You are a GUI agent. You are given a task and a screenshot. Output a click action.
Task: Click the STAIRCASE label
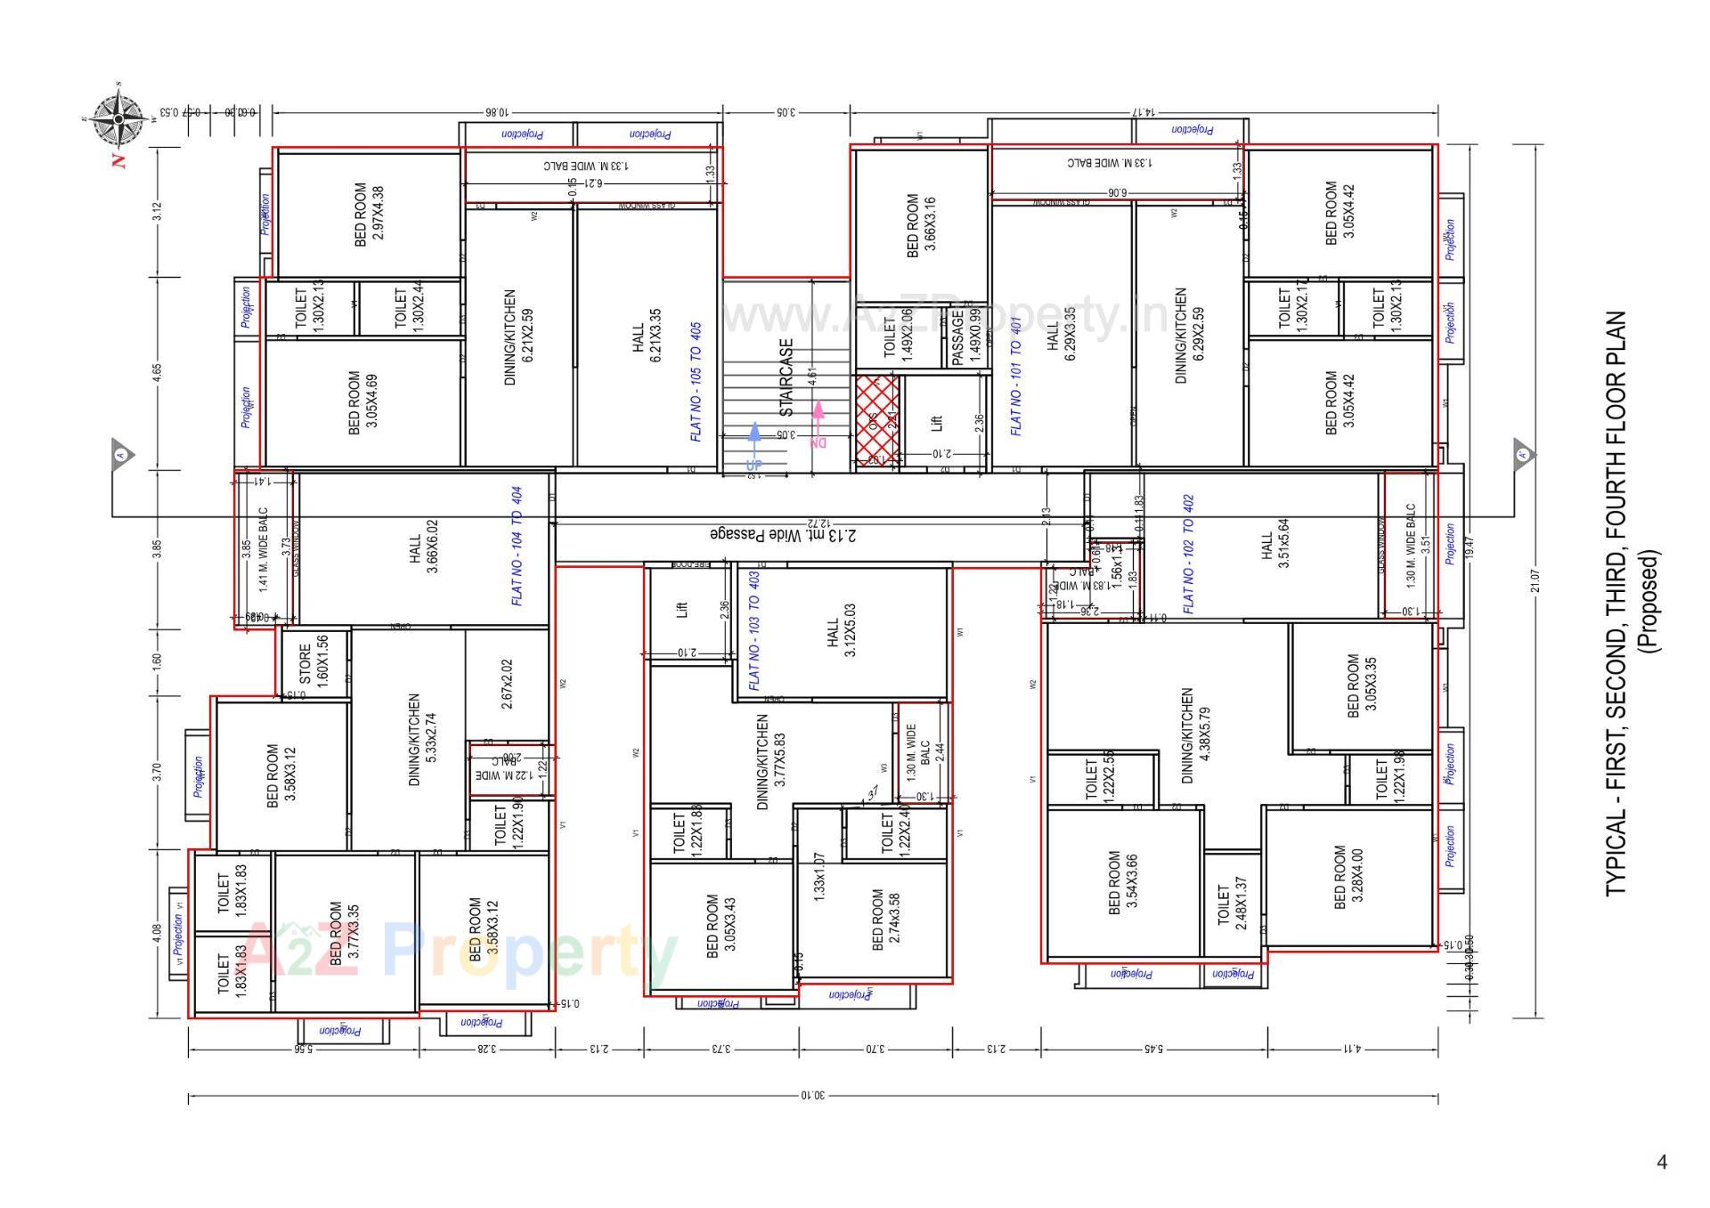pyautogui.click(x=786, y=377)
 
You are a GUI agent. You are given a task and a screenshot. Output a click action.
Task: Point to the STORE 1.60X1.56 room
pyautogui.click(x=313, y=660)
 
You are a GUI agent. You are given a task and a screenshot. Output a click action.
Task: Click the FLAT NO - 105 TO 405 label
pyautogui.click(x=696, y=382)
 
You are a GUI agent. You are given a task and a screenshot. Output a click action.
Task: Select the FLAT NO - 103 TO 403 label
pyautogui.click(x=754, y=630)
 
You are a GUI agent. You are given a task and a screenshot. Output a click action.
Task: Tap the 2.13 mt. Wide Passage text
pyautogui.click(x=784, y=535)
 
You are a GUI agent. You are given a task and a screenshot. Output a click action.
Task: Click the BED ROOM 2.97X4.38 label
pyautogui.click(x=369, y=215)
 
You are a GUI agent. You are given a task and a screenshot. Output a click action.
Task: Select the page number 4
pyautogui.click(x=1661, y=1162)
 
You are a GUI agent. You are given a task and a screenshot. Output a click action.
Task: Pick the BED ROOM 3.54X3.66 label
pyautogui.click(x=1123, y=882)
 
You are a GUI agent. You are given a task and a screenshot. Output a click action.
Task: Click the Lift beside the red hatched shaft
pyautogui.click(x=936, y=423)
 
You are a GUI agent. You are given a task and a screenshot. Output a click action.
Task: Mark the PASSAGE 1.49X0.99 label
pyautogui.click(x=965, y=336)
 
